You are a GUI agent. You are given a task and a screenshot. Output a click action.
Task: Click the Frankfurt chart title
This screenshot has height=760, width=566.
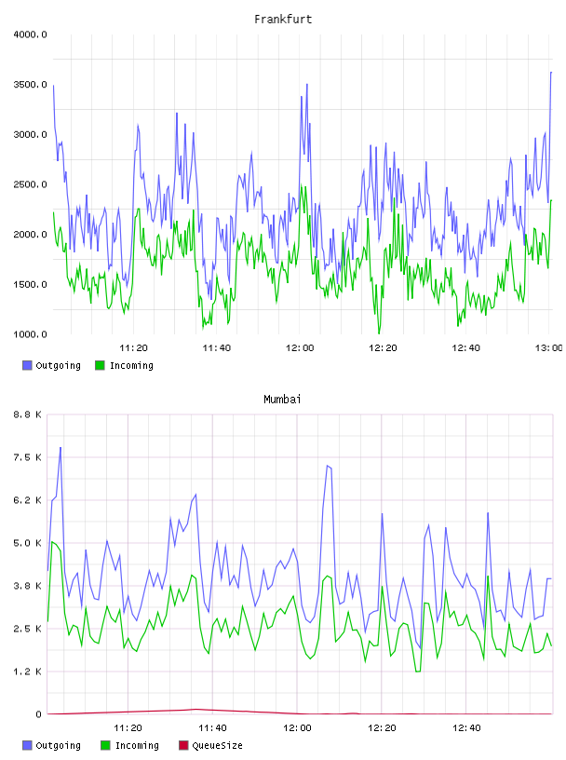(283, 19)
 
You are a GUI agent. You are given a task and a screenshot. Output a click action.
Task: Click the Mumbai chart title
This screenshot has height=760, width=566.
(282, 399)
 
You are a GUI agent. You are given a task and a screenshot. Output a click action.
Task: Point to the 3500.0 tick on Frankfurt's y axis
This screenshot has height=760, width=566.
(31, 85)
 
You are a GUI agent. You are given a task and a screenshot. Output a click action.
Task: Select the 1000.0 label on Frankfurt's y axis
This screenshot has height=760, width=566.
(31, 334)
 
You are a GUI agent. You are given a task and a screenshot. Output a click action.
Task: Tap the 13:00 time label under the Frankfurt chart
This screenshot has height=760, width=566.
(548, 347)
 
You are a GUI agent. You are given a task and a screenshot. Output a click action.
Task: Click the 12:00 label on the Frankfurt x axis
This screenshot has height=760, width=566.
(300, 347)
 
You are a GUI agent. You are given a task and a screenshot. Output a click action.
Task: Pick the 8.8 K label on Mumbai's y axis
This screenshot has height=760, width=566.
(28, 414)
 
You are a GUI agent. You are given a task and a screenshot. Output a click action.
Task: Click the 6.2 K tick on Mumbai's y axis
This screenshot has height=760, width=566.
(28, 500)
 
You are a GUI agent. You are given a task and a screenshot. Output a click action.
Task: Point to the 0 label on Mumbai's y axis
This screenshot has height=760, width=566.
(38, 714)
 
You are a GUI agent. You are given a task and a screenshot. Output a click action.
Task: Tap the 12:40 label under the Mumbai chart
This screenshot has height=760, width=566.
(466, 727)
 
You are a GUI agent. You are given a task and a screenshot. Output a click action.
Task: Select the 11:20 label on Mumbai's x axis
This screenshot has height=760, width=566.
(128, 727)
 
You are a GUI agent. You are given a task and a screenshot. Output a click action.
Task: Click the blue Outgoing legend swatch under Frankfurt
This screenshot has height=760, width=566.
(27, 365)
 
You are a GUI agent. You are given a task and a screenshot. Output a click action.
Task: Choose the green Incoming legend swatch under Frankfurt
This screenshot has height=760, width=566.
(100, 365)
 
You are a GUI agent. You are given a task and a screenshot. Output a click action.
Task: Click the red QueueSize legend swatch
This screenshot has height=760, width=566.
(183, 745)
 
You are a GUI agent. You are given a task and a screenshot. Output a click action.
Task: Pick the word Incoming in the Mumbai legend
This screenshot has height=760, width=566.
(137, 745)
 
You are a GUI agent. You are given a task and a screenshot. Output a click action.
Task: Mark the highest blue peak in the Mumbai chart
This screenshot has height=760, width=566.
(61, 447)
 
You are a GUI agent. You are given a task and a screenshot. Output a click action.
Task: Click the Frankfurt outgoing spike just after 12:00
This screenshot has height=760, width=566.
(307, 85)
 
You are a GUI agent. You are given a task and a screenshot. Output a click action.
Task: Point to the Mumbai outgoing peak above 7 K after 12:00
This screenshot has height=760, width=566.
(328, 466)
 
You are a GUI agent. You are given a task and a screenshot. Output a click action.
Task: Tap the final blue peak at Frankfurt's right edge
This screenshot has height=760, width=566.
(551, 73)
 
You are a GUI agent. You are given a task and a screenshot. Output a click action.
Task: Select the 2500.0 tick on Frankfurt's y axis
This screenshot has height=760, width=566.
(31, 184)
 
